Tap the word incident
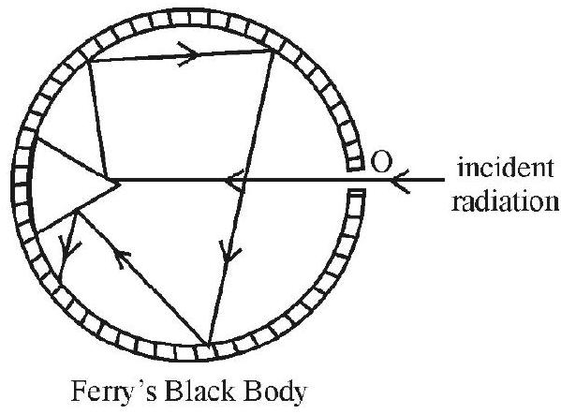pos(505,168)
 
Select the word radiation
pos(505,201)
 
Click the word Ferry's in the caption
pos(114,392)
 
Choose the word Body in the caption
pos(274,392)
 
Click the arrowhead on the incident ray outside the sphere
pos(400,181)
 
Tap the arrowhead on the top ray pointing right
pos(187,54)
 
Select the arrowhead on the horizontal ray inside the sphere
pos(234,180)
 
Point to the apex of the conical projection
pos(119,185)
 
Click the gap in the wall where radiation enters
pos(356,179)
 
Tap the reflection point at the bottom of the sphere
pos(208,345)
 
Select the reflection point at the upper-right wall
pos(274,52)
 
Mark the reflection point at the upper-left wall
pos(88,62)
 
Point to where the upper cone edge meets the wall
pos(37,138)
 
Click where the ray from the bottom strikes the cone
pos(77,211)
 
